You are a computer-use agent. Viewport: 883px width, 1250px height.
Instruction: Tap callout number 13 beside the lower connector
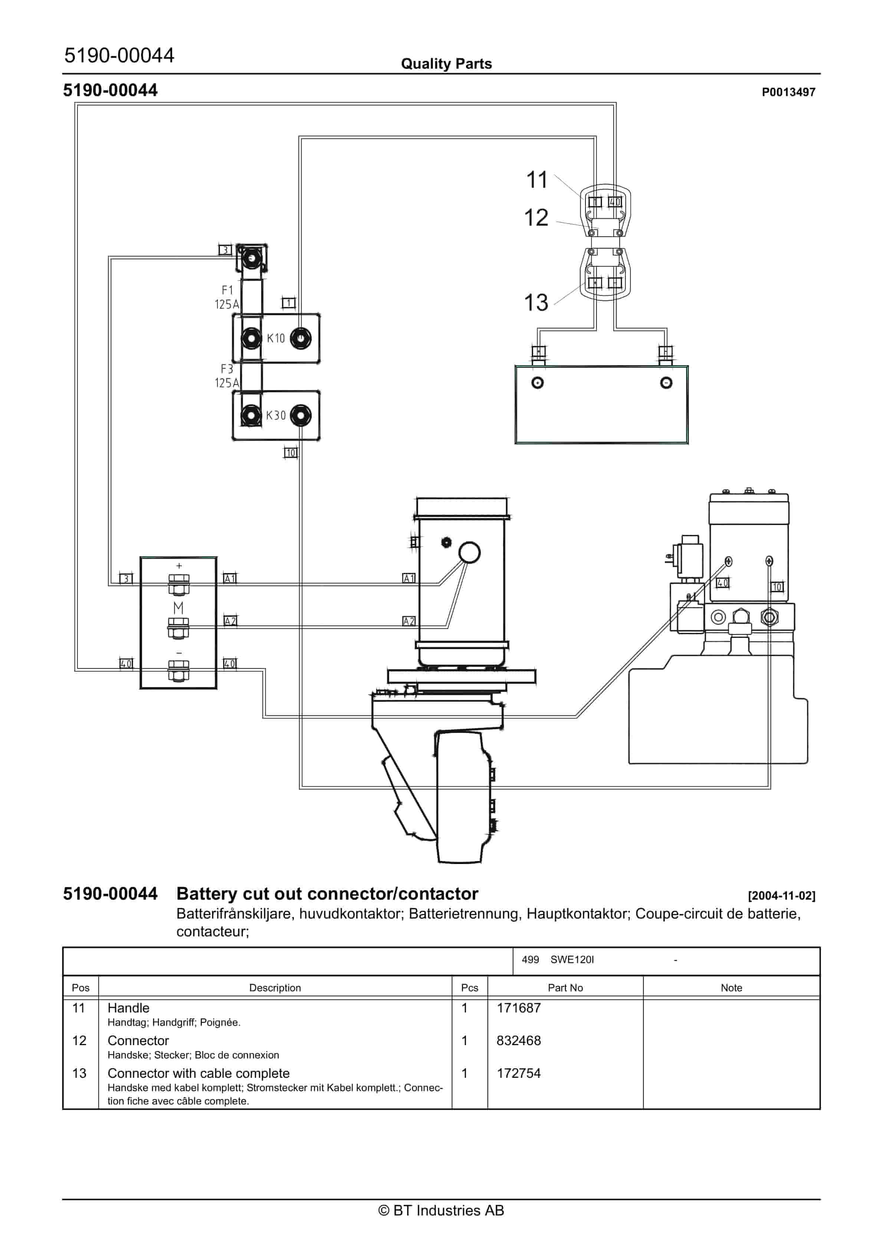click(536, 303)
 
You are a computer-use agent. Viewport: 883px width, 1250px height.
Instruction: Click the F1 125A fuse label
click(227, 297)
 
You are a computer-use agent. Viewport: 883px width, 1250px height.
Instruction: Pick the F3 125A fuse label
click(227, 376)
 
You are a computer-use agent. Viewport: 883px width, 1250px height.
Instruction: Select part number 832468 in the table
click(518, 1040)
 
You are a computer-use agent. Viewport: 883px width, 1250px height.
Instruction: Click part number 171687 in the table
click(518, 1008)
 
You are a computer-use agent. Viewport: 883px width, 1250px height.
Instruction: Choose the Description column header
click(275, 988)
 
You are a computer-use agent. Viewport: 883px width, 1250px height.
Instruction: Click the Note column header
click(731, 988)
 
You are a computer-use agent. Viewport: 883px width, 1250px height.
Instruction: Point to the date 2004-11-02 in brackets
click(781, 896)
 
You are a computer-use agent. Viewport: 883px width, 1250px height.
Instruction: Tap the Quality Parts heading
click(446, 64)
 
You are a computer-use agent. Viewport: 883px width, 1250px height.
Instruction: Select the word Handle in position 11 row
click(128, 1008)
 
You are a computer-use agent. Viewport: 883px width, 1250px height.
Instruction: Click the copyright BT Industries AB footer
click(441, 1210)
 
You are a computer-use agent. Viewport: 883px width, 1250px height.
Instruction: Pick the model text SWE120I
click(572, 959)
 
